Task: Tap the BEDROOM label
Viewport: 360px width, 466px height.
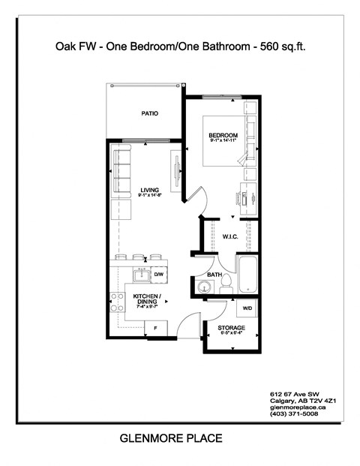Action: click(223, 136)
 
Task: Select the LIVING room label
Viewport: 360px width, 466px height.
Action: click(149, 190)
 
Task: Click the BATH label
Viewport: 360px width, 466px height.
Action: click(214, 275)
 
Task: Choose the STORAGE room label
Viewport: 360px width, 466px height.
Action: click(231, 329)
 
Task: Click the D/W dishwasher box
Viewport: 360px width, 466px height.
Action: click(159, 275)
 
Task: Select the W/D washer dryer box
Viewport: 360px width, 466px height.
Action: click(247, 308)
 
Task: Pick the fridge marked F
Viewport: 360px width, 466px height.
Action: click(155, 328)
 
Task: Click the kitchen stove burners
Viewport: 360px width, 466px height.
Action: click(117, 302)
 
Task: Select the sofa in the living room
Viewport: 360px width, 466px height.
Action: click(121, 173)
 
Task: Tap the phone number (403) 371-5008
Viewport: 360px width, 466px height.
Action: click(293, 413)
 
